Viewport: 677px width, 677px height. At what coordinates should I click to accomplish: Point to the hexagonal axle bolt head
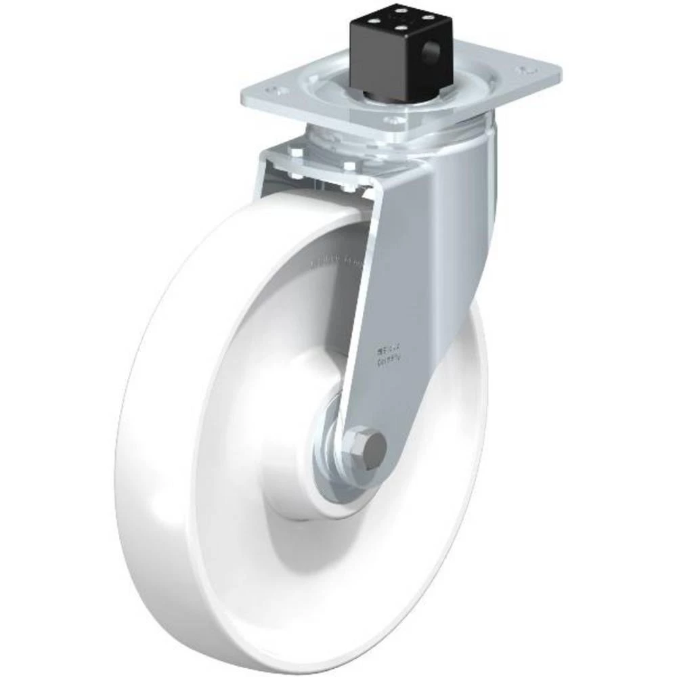point(371,448)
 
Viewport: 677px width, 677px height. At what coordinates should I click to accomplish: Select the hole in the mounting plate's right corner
point(523,70)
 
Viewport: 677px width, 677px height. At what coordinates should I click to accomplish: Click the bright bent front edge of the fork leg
point(366,305)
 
